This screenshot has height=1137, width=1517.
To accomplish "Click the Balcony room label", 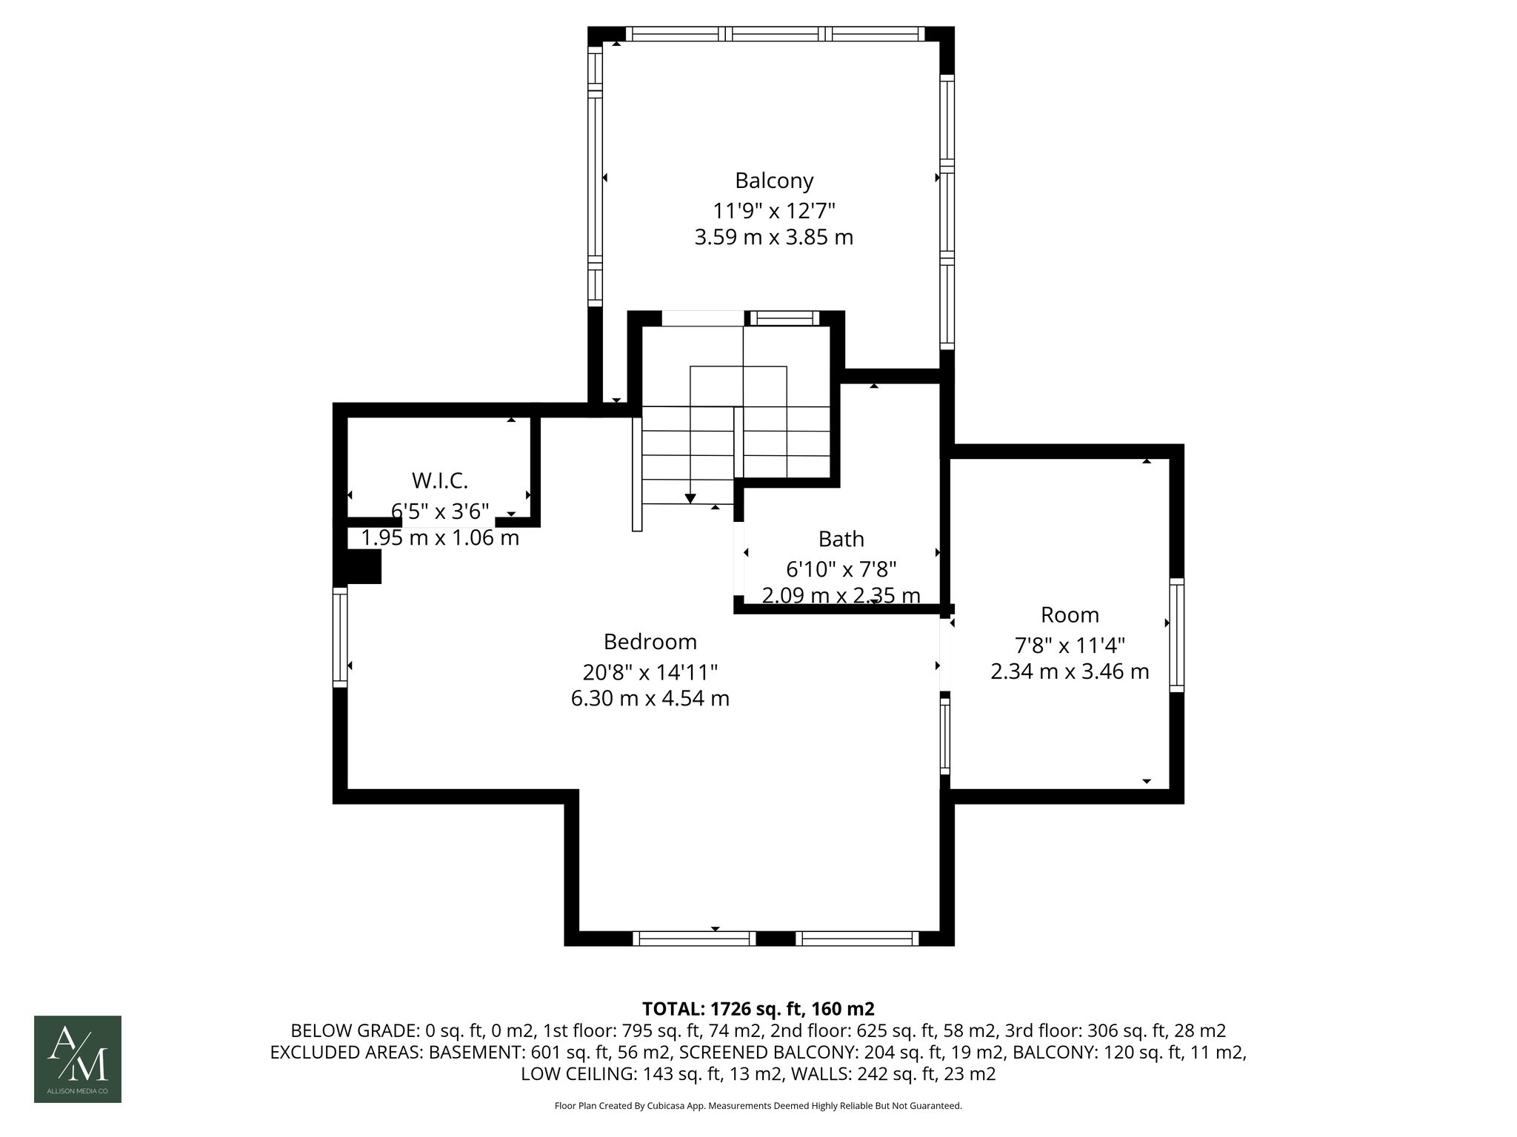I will click(773, 181).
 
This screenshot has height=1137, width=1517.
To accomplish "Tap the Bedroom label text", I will click(650, 641).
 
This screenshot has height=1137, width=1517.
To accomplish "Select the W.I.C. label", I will click(440, 480).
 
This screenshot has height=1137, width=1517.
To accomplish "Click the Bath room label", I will click(841, 539).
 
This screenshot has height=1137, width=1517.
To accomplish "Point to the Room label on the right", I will click(1070, 615).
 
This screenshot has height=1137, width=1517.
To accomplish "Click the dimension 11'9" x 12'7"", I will click(773, 211).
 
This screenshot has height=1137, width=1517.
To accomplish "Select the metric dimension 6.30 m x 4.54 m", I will click(650, 698).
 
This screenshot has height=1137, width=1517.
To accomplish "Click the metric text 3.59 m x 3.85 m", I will click(773, 238).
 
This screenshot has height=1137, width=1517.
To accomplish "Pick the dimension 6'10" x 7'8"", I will click(841, 569).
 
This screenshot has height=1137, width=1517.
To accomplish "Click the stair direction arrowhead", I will click(690, 498).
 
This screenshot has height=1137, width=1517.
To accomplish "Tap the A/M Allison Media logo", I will click(78, 1059).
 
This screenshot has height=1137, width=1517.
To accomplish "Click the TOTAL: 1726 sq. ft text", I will click(758, 1008).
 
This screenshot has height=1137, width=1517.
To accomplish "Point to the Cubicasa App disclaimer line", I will click(758, 1106).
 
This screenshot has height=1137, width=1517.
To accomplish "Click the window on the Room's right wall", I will click(1176, 635).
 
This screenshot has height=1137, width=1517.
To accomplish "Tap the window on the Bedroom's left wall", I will click(339, 637).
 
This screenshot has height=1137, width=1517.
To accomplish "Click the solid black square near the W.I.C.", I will click(364, 568).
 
